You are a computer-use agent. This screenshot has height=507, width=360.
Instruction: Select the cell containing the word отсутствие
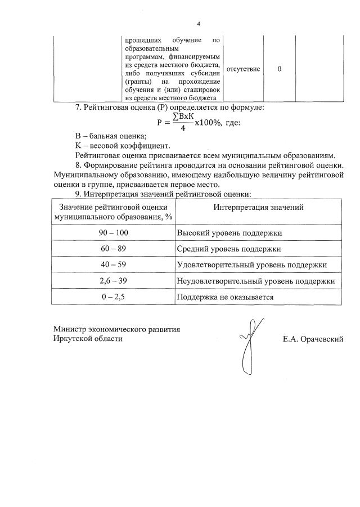pos(243,69)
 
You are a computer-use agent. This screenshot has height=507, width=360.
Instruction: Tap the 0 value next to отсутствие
pos(280,69)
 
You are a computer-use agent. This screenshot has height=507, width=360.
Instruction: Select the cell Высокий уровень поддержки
pos(229,232)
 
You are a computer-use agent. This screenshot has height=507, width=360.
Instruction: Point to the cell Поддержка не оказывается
pos(225,297)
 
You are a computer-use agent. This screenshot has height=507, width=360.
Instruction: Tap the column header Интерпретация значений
pos(258,207)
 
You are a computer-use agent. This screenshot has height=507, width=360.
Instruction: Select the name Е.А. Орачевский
pos(313,339)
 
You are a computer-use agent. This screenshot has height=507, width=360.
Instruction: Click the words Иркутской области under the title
pos(87,339)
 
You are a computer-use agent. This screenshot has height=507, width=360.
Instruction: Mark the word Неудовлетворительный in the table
pos(216,280)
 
